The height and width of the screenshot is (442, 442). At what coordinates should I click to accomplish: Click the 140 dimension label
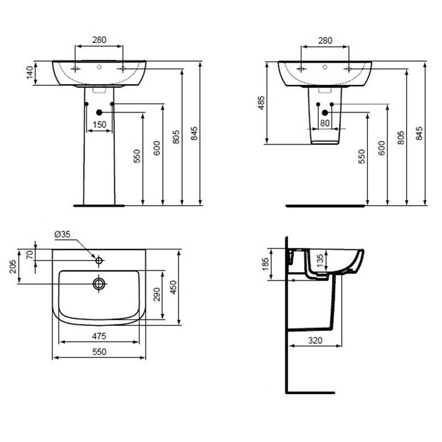[x=30, y=73]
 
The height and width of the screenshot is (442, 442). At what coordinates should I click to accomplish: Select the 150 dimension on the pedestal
[x=99, y=125]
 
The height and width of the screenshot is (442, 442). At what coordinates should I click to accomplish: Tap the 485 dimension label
[x=261, y=103]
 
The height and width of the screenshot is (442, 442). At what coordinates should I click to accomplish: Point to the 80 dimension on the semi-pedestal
[x=325, y=123]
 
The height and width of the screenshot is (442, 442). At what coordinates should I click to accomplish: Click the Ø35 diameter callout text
[x=62, y=234]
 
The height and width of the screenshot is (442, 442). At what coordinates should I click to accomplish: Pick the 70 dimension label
[x=30, y=255]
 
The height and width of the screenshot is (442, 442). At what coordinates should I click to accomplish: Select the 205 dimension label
[x=13, y=266]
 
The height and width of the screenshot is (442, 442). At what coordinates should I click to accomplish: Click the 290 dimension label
[x=157, y=294]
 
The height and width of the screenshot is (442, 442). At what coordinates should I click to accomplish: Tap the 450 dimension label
[x=173, y=287]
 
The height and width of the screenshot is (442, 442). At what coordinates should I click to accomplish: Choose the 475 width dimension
[x=99, y=336]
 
